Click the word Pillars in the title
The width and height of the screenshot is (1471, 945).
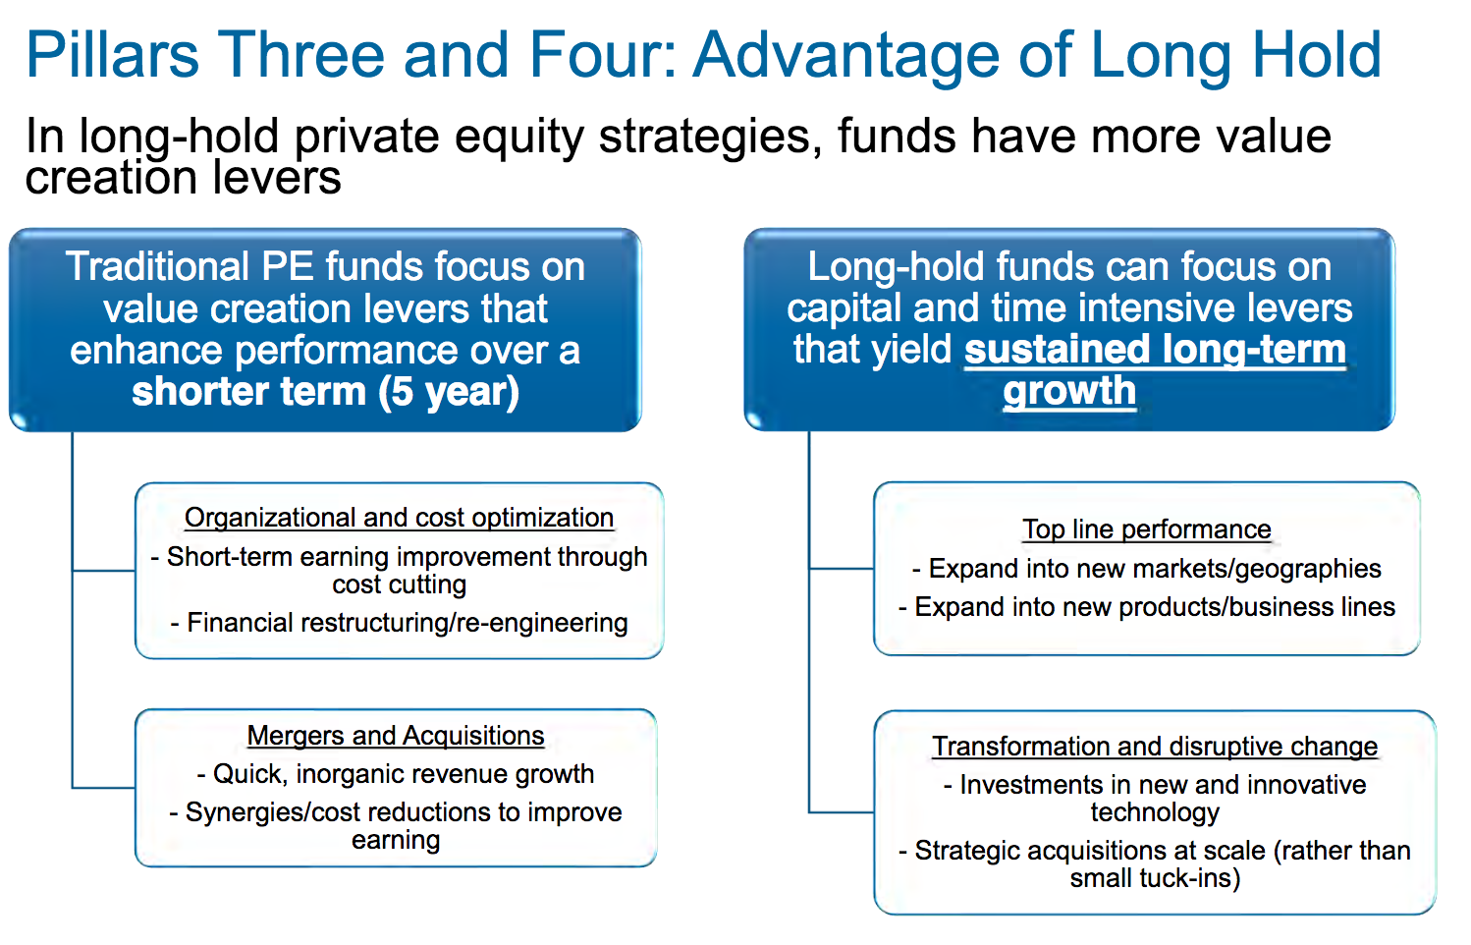(112, 54)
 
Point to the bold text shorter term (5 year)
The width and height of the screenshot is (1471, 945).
(325, 392)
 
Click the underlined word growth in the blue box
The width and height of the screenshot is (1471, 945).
(1069, 392)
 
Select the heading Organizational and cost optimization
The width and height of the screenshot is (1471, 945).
(399, 518)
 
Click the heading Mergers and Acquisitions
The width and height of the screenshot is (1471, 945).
(396, 736)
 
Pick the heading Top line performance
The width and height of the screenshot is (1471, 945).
(1147, 529)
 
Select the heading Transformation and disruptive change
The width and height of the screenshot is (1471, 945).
(1155, 747)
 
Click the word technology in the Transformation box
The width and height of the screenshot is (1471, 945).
(1155, 812)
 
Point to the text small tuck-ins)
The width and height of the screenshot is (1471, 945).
(1155, 878)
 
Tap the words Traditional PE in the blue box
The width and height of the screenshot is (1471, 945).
(189, 266)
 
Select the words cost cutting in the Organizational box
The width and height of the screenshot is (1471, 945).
(400, 584)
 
